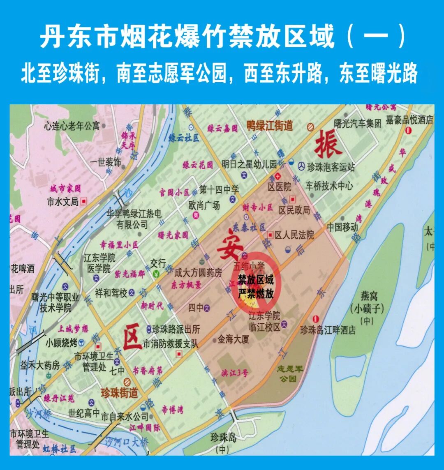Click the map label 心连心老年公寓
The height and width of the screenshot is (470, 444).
tap(72, 125)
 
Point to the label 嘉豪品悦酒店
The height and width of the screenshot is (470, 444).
tap(409, 120)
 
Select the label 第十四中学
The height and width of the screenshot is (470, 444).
tap(219, 190)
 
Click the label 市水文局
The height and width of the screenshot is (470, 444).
tap(62, 202)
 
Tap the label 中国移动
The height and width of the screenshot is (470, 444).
tap(342, 227)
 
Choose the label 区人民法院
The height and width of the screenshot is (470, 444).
tap(294, 235)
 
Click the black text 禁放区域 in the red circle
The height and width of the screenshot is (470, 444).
tap(256, 281)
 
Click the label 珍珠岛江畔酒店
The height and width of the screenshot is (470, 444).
tap(328, 330)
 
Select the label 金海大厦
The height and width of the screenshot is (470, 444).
tap(234, 339)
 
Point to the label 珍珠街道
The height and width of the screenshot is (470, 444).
tap(119, 393)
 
